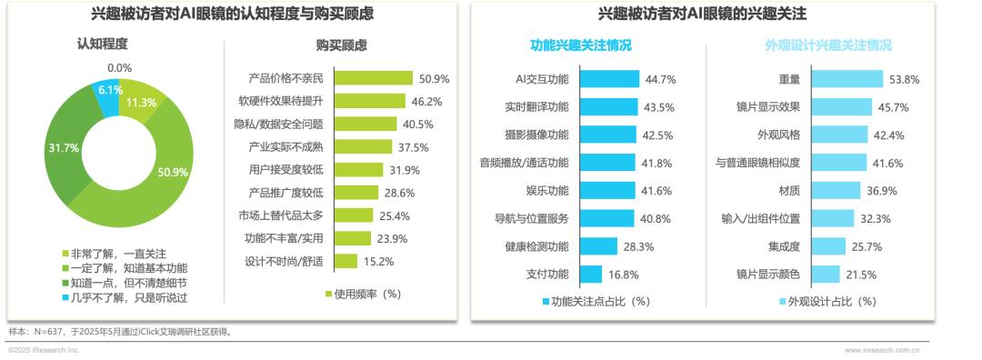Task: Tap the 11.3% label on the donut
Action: point(141,103)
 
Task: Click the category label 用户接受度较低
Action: point(287,169)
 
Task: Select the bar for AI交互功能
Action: point(608,79)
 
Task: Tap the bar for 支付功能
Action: point(590,274)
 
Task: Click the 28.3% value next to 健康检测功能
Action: point(639,246)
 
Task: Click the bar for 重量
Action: point(847,79)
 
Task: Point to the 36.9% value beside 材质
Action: point(879,191)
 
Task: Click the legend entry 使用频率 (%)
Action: point(363,294)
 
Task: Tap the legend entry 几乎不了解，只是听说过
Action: point(133,297)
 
